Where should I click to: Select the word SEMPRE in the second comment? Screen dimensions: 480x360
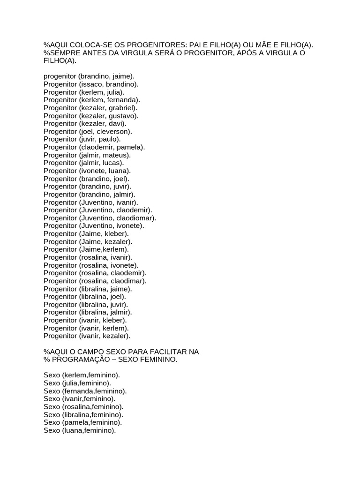click(65, 53)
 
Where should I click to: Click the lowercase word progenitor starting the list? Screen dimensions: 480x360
click(60, 76)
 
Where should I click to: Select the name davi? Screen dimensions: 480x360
click(116, 124)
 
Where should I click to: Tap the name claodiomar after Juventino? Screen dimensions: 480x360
click(136, 218)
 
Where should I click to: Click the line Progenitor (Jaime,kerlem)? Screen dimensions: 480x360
click(86, 249)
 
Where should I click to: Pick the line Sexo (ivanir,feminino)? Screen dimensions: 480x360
click(79, 399)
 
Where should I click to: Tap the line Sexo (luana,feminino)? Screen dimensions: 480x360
click(79, 430)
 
